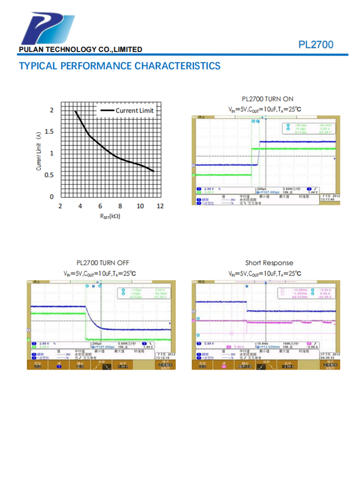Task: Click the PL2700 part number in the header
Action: [315, 45]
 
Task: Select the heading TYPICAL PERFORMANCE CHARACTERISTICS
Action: [120, 66]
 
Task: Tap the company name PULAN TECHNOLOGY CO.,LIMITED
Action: [80, 49]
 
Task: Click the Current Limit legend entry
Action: [134, 110]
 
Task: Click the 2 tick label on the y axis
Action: [52, 110]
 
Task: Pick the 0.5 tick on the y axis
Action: [49, 175]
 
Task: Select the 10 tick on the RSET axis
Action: [140, 206]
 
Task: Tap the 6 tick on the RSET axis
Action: [100, 206]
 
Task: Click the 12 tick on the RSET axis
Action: [160, 206]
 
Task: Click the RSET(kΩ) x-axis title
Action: [110, 216]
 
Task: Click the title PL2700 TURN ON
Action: [267, 99]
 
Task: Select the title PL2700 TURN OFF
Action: [103, 263]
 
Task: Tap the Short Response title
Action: [269, 263]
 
